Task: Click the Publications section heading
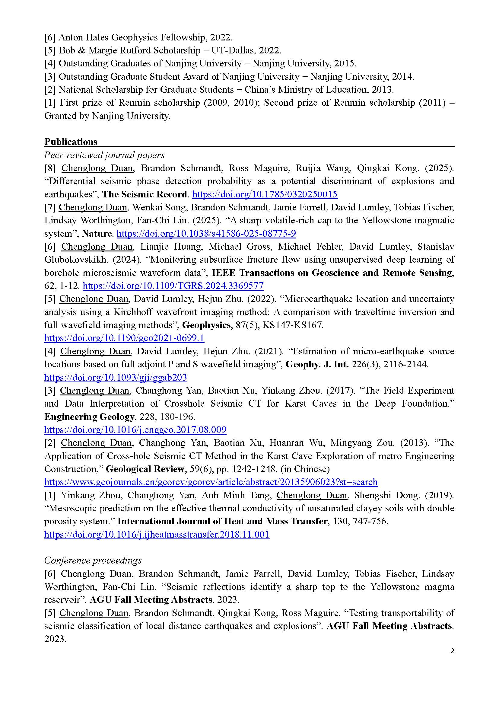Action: point(71,142)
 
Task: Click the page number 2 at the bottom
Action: point(452,651)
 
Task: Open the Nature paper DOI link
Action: point(206,233)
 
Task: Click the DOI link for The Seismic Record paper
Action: point(265,194)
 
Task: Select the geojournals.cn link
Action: point(211,482)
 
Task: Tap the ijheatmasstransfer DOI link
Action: point(157,534)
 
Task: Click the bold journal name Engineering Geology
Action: point(89,417)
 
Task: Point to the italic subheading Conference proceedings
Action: point(93,560)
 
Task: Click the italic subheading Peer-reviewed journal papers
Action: point(104,155)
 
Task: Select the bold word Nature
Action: point(96,233)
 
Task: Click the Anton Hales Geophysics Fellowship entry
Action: point(138,37)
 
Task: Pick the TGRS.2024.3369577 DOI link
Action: point(173,286)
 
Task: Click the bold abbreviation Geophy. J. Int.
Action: point(317,364)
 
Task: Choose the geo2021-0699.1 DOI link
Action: point(124,338)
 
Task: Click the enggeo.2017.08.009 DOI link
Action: point(135,430)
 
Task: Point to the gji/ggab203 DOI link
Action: point(116,377)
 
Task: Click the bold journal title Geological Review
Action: point(145,469)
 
